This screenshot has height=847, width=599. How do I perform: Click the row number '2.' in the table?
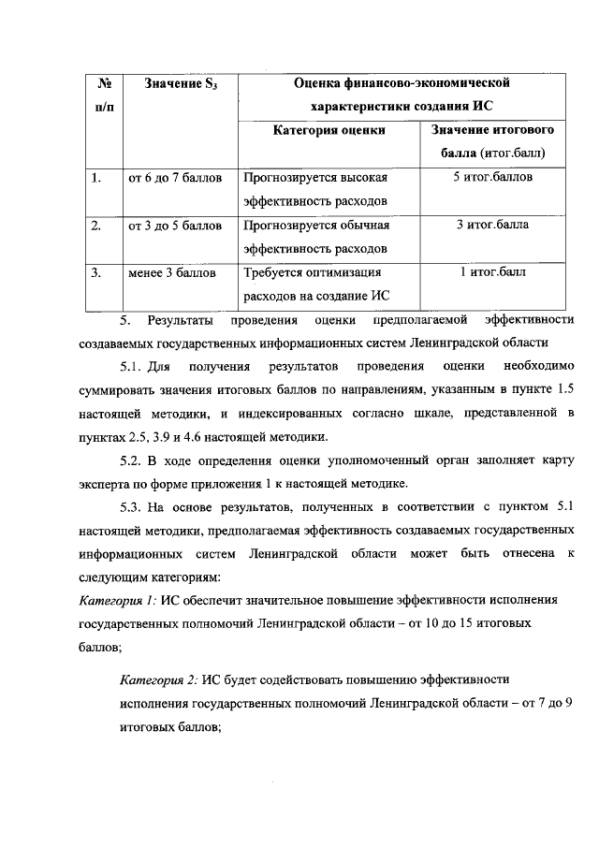95,226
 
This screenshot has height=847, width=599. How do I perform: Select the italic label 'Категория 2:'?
160,677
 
